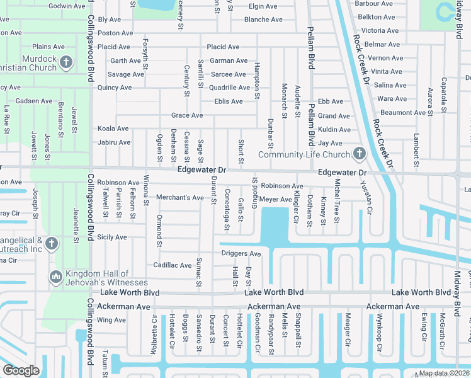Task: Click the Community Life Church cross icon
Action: pos(359,153)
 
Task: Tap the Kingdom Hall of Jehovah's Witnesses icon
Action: pos(55,277)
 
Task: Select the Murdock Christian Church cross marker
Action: pos(67,62)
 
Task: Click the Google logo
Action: pos(21,370)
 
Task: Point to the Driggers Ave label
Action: pos(241,253)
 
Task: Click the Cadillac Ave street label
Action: pos(173,265)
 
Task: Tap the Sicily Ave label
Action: pos(112,238)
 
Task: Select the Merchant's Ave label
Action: pos(180,198)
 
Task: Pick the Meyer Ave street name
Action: pos(276,199)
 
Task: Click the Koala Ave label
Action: pos(113,129)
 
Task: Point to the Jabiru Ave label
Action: pos(114,142)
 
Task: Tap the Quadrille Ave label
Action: pos(229,88)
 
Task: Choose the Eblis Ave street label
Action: pos(228,101)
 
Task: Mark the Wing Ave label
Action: pos(111,320)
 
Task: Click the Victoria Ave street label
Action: pos(380,30)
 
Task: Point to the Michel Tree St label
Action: pos(338,201)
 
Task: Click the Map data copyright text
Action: pos(445,373)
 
